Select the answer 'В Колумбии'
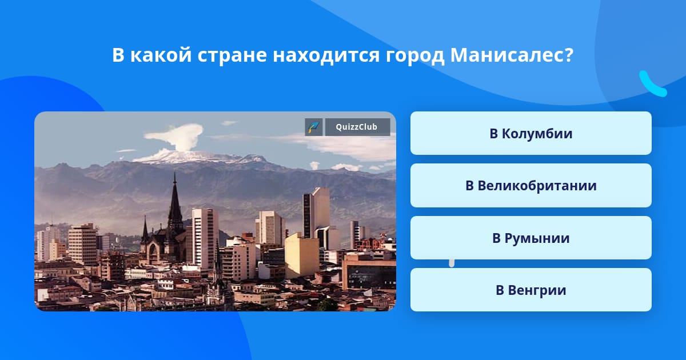531,133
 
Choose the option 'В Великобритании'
531,186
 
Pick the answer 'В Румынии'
531,238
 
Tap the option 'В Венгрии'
531,290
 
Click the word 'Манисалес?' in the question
512,55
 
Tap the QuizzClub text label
357,127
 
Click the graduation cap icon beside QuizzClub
314,127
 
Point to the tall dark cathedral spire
175,202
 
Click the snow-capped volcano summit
199,156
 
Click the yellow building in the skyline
302,255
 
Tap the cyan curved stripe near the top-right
652,84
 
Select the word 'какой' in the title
161,55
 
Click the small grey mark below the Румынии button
452,263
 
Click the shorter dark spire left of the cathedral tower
145,230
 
